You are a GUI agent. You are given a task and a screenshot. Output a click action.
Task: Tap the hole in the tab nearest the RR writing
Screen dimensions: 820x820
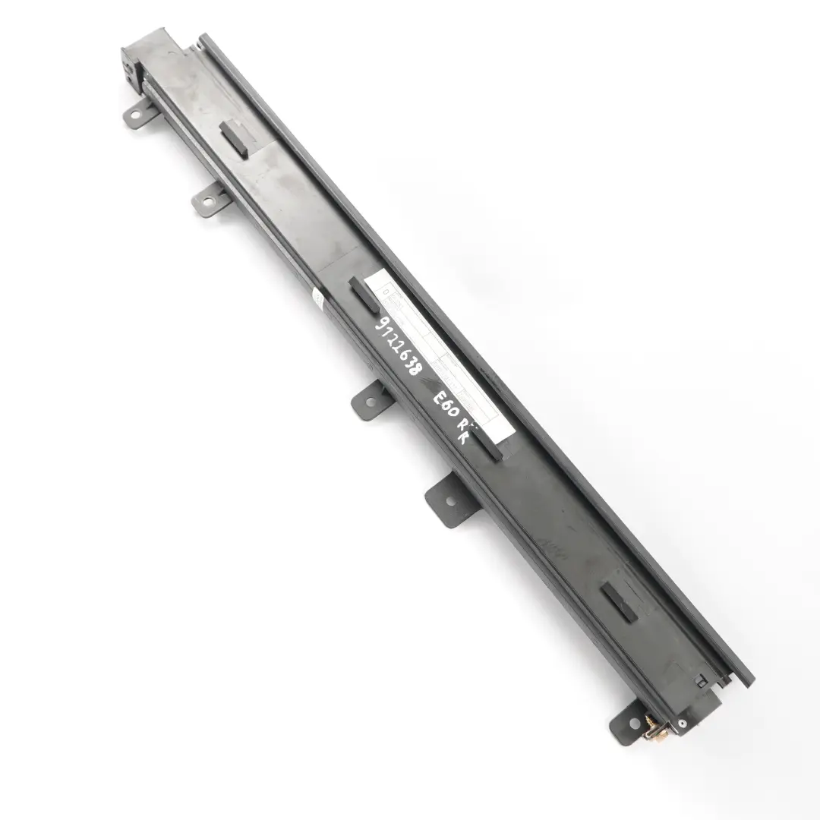(449, 501)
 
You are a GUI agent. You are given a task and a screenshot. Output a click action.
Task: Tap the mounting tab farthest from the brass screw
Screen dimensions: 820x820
(137, 115)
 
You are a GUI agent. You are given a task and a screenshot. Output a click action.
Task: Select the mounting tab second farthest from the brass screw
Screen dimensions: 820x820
(206, 201)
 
